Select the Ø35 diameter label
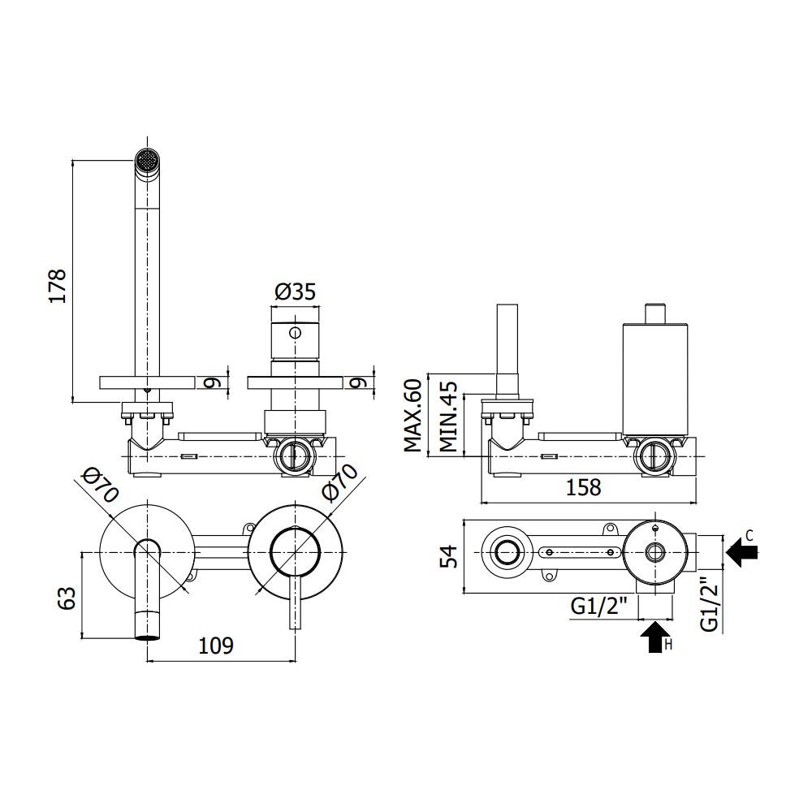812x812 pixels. pyautogui.click(x=294, y=292)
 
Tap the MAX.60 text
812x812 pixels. pyautogui.click(x=413, y=415)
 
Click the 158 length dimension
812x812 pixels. pyautogui.click(x=582, y=487)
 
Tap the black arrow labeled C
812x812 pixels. pyautogui.click(x=742, y=554)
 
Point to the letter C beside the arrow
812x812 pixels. pyautogui.click(x=749, y=534)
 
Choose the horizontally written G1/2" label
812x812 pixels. pyautogui.click(x=600, y=607)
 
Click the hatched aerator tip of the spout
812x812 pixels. pyautogui.click(x=146, y=161)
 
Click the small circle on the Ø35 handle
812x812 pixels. pyautogui.click(x=294, y=332)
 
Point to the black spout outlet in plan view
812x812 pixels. pyautogui.click(x=146, y=636)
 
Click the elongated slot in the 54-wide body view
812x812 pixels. pyautogui.click(x=579, y=553)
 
